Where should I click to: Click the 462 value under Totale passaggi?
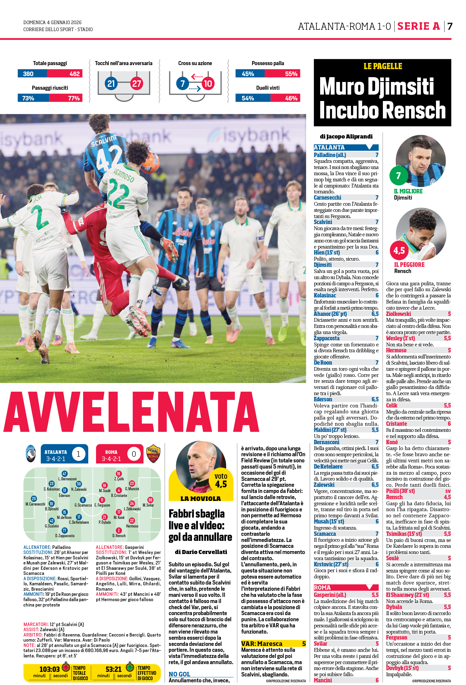click(74, 74)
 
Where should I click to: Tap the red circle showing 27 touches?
click(136, 84)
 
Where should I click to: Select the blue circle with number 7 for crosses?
click(183, 84)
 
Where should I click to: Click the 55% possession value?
click(291, 74)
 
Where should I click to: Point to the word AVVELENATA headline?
click(131, 412)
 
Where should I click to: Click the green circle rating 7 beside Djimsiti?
click(398, 176)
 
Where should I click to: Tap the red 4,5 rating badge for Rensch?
click(399, 250)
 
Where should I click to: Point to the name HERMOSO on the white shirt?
click(124, 175)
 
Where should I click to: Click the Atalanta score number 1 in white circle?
click(78, 454)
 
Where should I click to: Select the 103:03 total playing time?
click(49, 669)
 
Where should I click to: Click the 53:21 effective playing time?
click(114, 669)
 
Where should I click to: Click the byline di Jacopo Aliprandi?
click(346, 136)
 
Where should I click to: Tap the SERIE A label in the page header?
click(419, 26)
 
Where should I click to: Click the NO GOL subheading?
click(179, 674)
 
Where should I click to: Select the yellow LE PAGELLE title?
click(383, 66)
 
